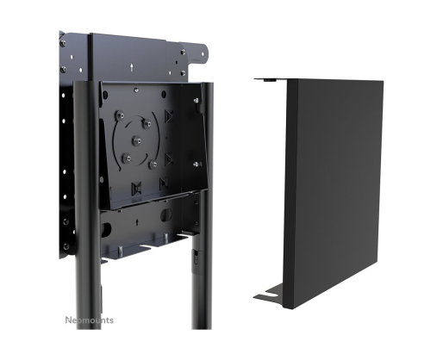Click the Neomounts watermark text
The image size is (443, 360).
(89, 320)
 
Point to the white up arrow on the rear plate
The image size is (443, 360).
(132, 67)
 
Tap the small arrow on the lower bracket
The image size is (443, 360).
(137, 222)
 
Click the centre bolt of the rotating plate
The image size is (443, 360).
(137, 140)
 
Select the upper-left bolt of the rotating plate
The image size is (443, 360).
(120, 115)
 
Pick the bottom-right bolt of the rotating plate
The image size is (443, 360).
(153, 164)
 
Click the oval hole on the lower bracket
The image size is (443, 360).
(165, 214)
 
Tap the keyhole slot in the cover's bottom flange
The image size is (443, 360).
(271, 293)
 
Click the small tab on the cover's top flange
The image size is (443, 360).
(269, 81)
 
